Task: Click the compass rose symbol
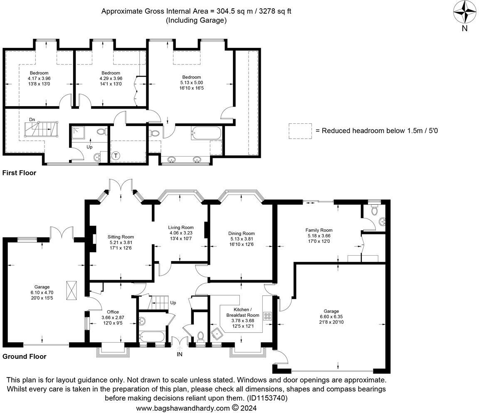pos(464,12)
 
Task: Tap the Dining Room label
pos(241,234)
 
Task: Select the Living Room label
pos(180,227)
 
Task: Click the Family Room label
pos(319,230)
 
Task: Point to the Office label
pos(113,312)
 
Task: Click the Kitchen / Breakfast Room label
pos(242,312)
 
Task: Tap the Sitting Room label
pos(120,237)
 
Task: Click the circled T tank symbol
pos(116,156)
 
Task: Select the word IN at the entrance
pos(180,354)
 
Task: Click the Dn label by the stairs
pos(32,119)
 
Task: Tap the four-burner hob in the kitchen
pos(268,316)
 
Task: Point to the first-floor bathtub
pos(206,133)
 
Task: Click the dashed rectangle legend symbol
pos(300,131)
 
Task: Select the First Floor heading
pos(19,173)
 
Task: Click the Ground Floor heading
pos(25,356)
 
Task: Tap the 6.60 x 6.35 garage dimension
pos(331,317)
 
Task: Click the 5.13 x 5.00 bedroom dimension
pos(192,82)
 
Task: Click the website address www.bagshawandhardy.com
pos(183,408)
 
